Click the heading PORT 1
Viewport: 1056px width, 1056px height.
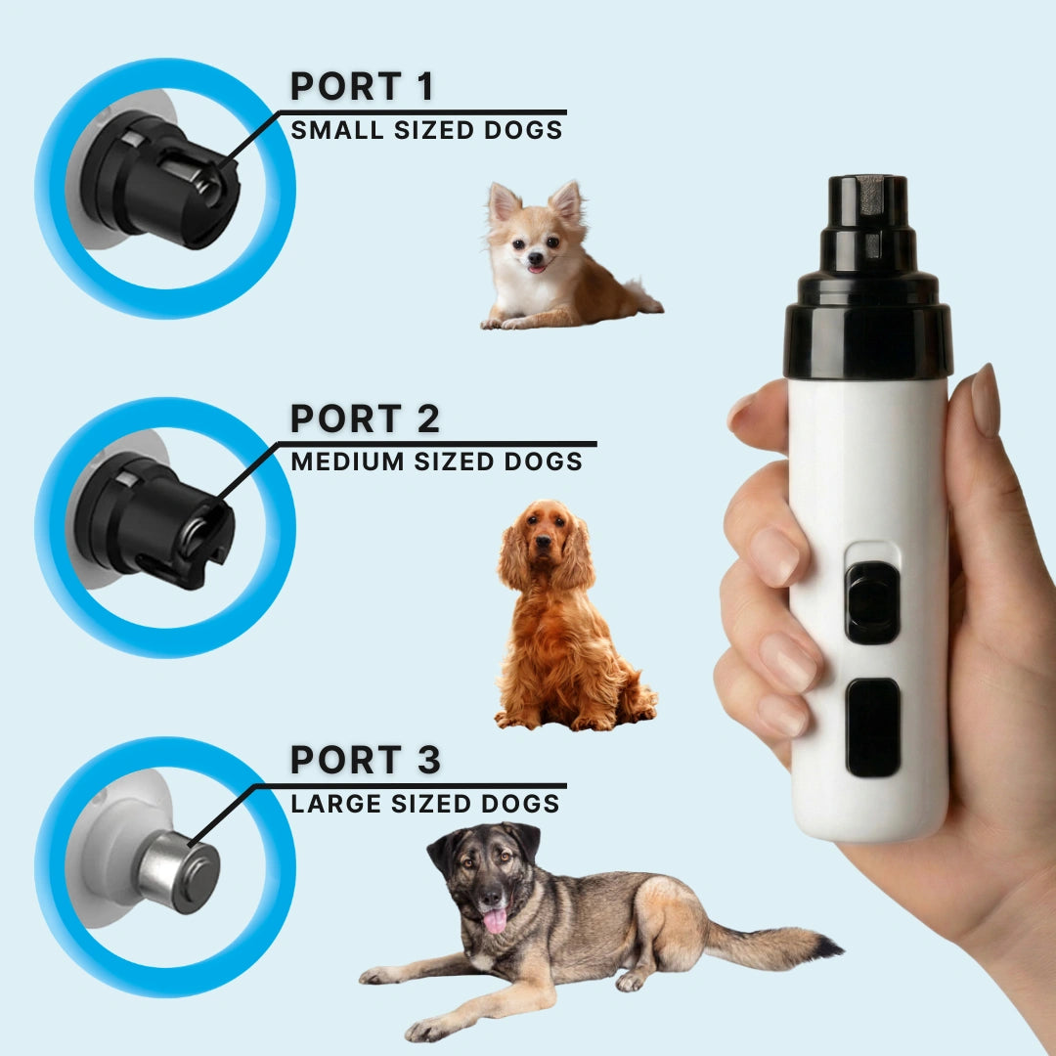coord(362,86)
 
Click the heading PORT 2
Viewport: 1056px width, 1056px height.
coord(365,418)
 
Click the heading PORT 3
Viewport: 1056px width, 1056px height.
coord(365,760)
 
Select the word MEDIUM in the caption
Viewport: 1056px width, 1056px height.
coord(347,462)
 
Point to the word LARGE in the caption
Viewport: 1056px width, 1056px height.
coord(335,804)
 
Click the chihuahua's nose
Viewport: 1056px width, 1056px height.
coord(535,257)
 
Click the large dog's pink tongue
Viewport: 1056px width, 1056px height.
coord(495,921)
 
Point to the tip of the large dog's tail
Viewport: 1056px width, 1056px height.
coord(838,948)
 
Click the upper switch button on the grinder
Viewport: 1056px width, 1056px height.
coord(873,601)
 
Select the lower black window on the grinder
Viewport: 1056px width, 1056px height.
coord(873,727)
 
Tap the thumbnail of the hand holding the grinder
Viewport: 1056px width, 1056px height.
coord(986,400)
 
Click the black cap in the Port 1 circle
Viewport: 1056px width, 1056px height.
coord(160,179)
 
